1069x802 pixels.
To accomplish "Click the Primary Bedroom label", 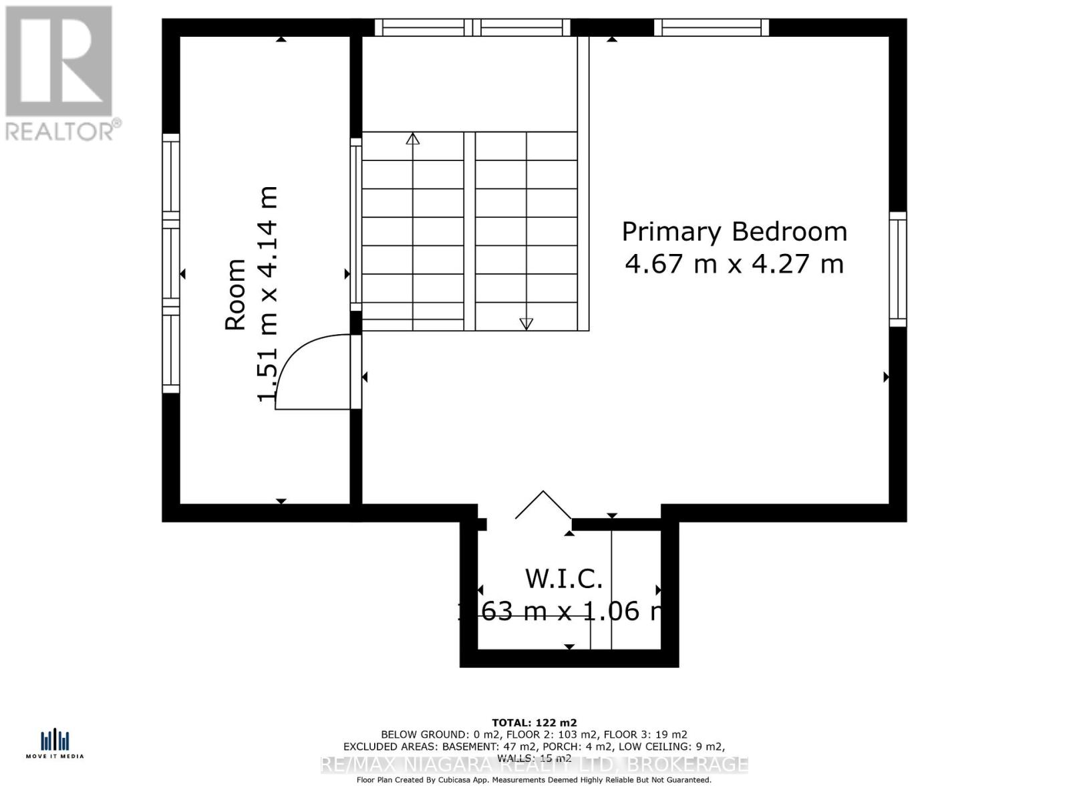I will [734, 232].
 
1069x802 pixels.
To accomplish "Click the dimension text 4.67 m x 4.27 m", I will [734, 264].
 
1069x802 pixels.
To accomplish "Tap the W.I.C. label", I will [565, 579].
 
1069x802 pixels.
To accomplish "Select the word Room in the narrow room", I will [236, 294].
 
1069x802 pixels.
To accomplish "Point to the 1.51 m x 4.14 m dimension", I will [267, 294].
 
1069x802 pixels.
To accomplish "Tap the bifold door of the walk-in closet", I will [543, 506].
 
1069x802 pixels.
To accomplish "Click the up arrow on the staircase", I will [413, 139].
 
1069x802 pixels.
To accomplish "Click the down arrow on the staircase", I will [526, 323].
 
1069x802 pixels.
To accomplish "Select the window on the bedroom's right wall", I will [898, 269].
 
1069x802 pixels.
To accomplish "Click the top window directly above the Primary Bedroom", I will [712, 27].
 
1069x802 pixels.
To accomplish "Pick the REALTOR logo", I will [60, 74].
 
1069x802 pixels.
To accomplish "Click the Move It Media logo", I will [55, 744].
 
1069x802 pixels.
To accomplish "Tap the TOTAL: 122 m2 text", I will [534, 722].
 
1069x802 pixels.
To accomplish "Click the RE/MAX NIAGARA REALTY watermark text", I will [534, 765].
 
